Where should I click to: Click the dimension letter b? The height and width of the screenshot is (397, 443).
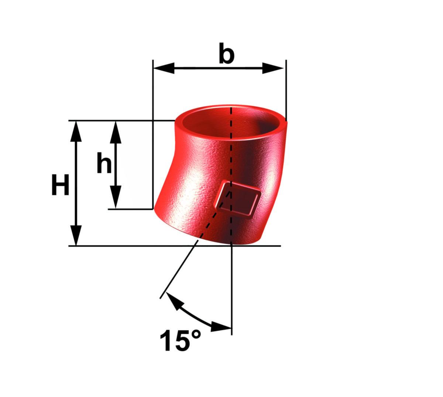pyautogui.click(x=226, y=54)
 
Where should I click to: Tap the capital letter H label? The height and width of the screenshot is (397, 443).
pyautogui.click(x=60, y=185)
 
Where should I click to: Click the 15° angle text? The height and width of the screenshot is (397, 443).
pyautogui.click(x=181, y=340)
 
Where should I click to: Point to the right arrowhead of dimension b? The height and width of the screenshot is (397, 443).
pyautogui.click(x=274, y=68)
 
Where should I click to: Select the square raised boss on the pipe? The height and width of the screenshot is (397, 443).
pyautogui.click(x=238, y=198)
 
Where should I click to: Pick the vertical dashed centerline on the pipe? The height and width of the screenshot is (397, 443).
pyautogui.click(x=231, y=155)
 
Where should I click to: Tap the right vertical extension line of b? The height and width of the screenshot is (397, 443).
pyautogui.click(x=286, y=89)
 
